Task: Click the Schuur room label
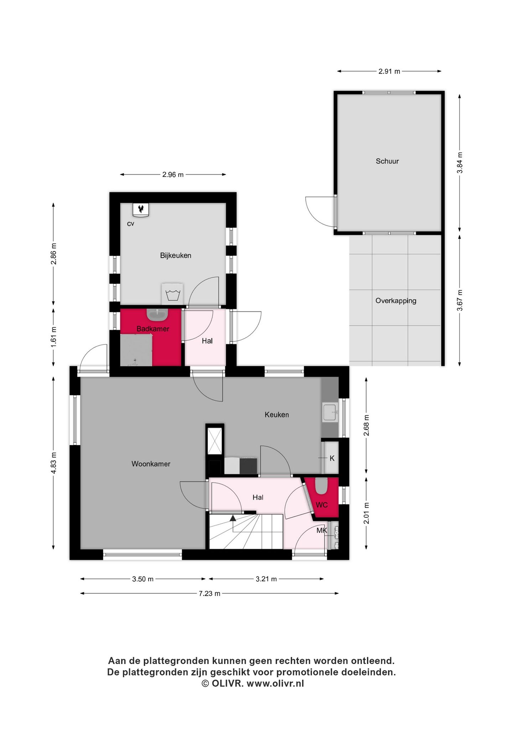(x=387, y=161)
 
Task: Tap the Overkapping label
(x=395, y=301)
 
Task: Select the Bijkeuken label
(x=176, y=255)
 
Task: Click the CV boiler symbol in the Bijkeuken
(x=141, y=209)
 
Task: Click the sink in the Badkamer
(x=157, y=314)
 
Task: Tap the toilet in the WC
(x=321, y=486)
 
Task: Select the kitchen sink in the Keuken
(x=330, y=413)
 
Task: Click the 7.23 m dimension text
(x=209, y=593)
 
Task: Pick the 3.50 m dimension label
(x=143, y=579)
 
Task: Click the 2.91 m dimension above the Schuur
(x=389, y=72)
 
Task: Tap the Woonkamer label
(x=151, y=464)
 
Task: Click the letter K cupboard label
(x=332, y=458)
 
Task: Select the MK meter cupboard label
(x=322, y=530)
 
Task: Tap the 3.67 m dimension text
(x=460, y=300)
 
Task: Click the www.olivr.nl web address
(x=275, y=684)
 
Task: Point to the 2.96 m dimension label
(x=173, y=175)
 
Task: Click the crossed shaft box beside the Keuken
(x=215, y=441)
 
